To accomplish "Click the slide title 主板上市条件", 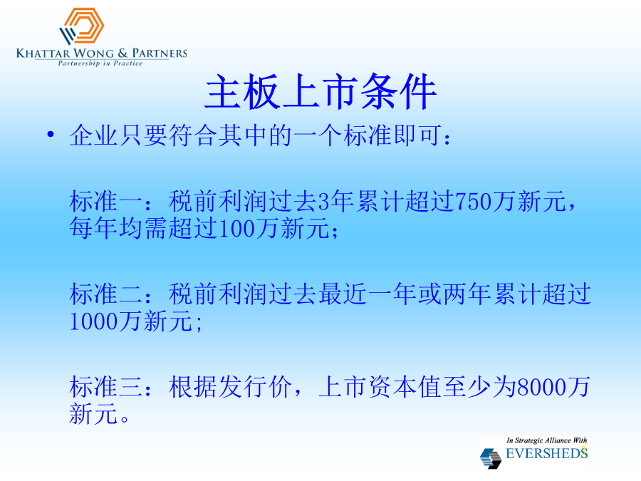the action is (x=320, y=92).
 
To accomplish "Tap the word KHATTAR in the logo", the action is (x=43, y=53).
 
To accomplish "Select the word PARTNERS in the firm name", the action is (x=160, y=53).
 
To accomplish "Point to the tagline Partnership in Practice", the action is (x=100, y=63).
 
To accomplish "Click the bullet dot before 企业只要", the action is (x=51, y=134).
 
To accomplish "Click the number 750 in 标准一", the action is (x=473, y=201).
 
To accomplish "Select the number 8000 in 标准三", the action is (x=542, y=387).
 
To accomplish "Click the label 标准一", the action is (x=105, y=201).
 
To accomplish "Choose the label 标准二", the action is (x=105, y=294).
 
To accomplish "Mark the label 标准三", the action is (x=105, y=387).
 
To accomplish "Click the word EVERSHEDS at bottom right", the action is (x=546, y=454).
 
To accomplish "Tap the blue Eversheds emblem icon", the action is (x=491, y=458).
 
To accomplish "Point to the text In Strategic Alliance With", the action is (x=546, y=440).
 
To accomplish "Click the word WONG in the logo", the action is (x=93, y=53).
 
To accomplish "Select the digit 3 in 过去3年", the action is (x=324, y=201).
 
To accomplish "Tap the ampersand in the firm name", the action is (x=123, y=53).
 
